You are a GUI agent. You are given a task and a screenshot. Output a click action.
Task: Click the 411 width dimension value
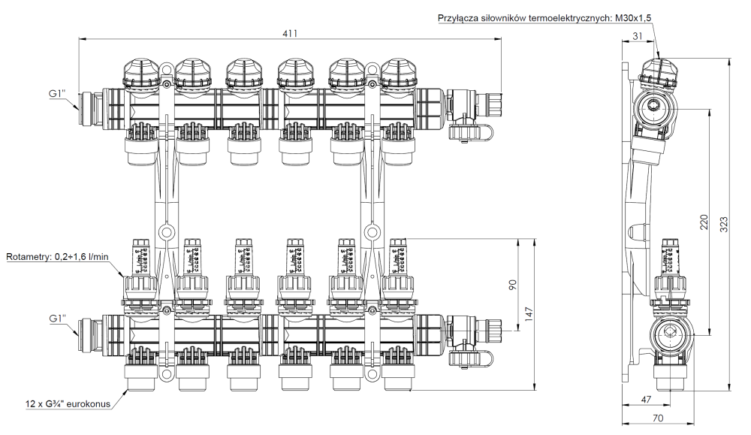coord(288,33)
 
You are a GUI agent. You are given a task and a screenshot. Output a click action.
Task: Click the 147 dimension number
coord(531,315)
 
